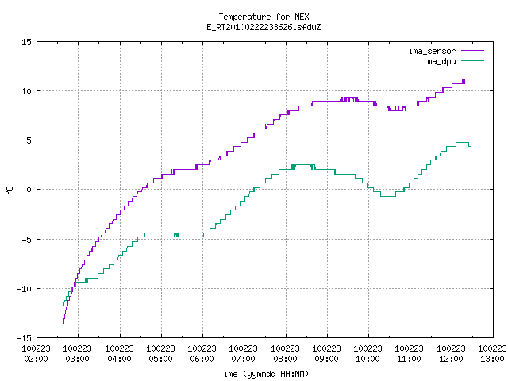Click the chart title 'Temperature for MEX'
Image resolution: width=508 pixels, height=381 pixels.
(264, 17)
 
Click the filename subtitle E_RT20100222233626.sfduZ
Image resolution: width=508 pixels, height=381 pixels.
(264, 27)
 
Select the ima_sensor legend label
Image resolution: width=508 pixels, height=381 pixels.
(432, 51)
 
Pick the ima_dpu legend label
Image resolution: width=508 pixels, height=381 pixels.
(439, 61)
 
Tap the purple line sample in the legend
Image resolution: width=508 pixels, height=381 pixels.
(473, 51)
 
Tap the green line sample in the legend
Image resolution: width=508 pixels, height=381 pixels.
(473, 61)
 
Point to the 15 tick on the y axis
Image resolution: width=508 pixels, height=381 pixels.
(26, 42)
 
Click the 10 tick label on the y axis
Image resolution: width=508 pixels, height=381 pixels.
(26, 91)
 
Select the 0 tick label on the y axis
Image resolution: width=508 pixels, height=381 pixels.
(29, 190)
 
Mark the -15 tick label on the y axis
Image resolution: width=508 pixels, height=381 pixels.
(25, 338)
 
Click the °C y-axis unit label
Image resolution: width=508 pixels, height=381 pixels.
(9, 190)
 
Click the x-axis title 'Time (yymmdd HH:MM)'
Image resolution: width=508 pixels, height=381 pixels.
(264, 374)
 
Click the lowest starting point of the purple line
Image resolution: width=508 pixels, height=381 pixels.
(63, 323)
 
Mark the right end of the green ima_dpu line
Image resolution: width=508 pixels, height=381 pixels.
(470, 146)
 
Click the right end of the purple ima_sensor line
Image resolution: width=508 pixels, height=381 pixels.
(471, 79)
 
